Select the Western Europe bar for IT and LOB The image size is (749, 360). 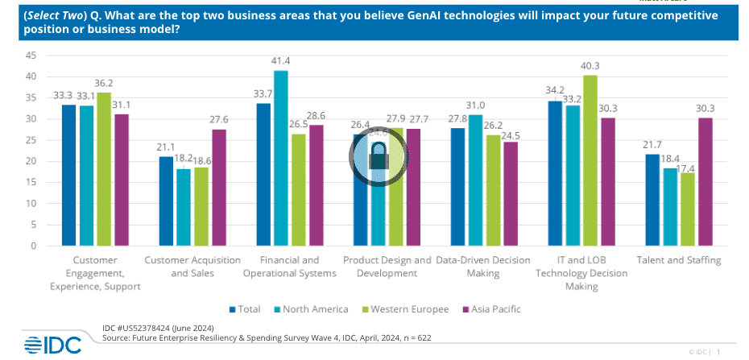[590, 160]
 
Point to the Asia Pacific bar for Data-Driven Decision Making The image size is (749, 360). [511, 193]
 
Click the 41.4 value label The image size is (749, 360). [280, 61]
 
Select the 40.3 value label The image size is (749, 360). [590, 66]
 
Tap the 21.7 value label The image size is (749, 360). [653, 145]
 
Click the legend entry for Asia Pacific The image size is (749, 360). [491, 309]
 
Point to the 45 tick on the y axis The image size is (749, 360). [31, 56]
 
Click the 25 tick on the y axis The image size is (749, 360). [31, 140]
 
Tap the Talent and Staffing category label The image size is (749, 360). [678, 260]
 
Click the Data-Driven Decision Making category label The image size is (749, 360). [483, 267]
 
